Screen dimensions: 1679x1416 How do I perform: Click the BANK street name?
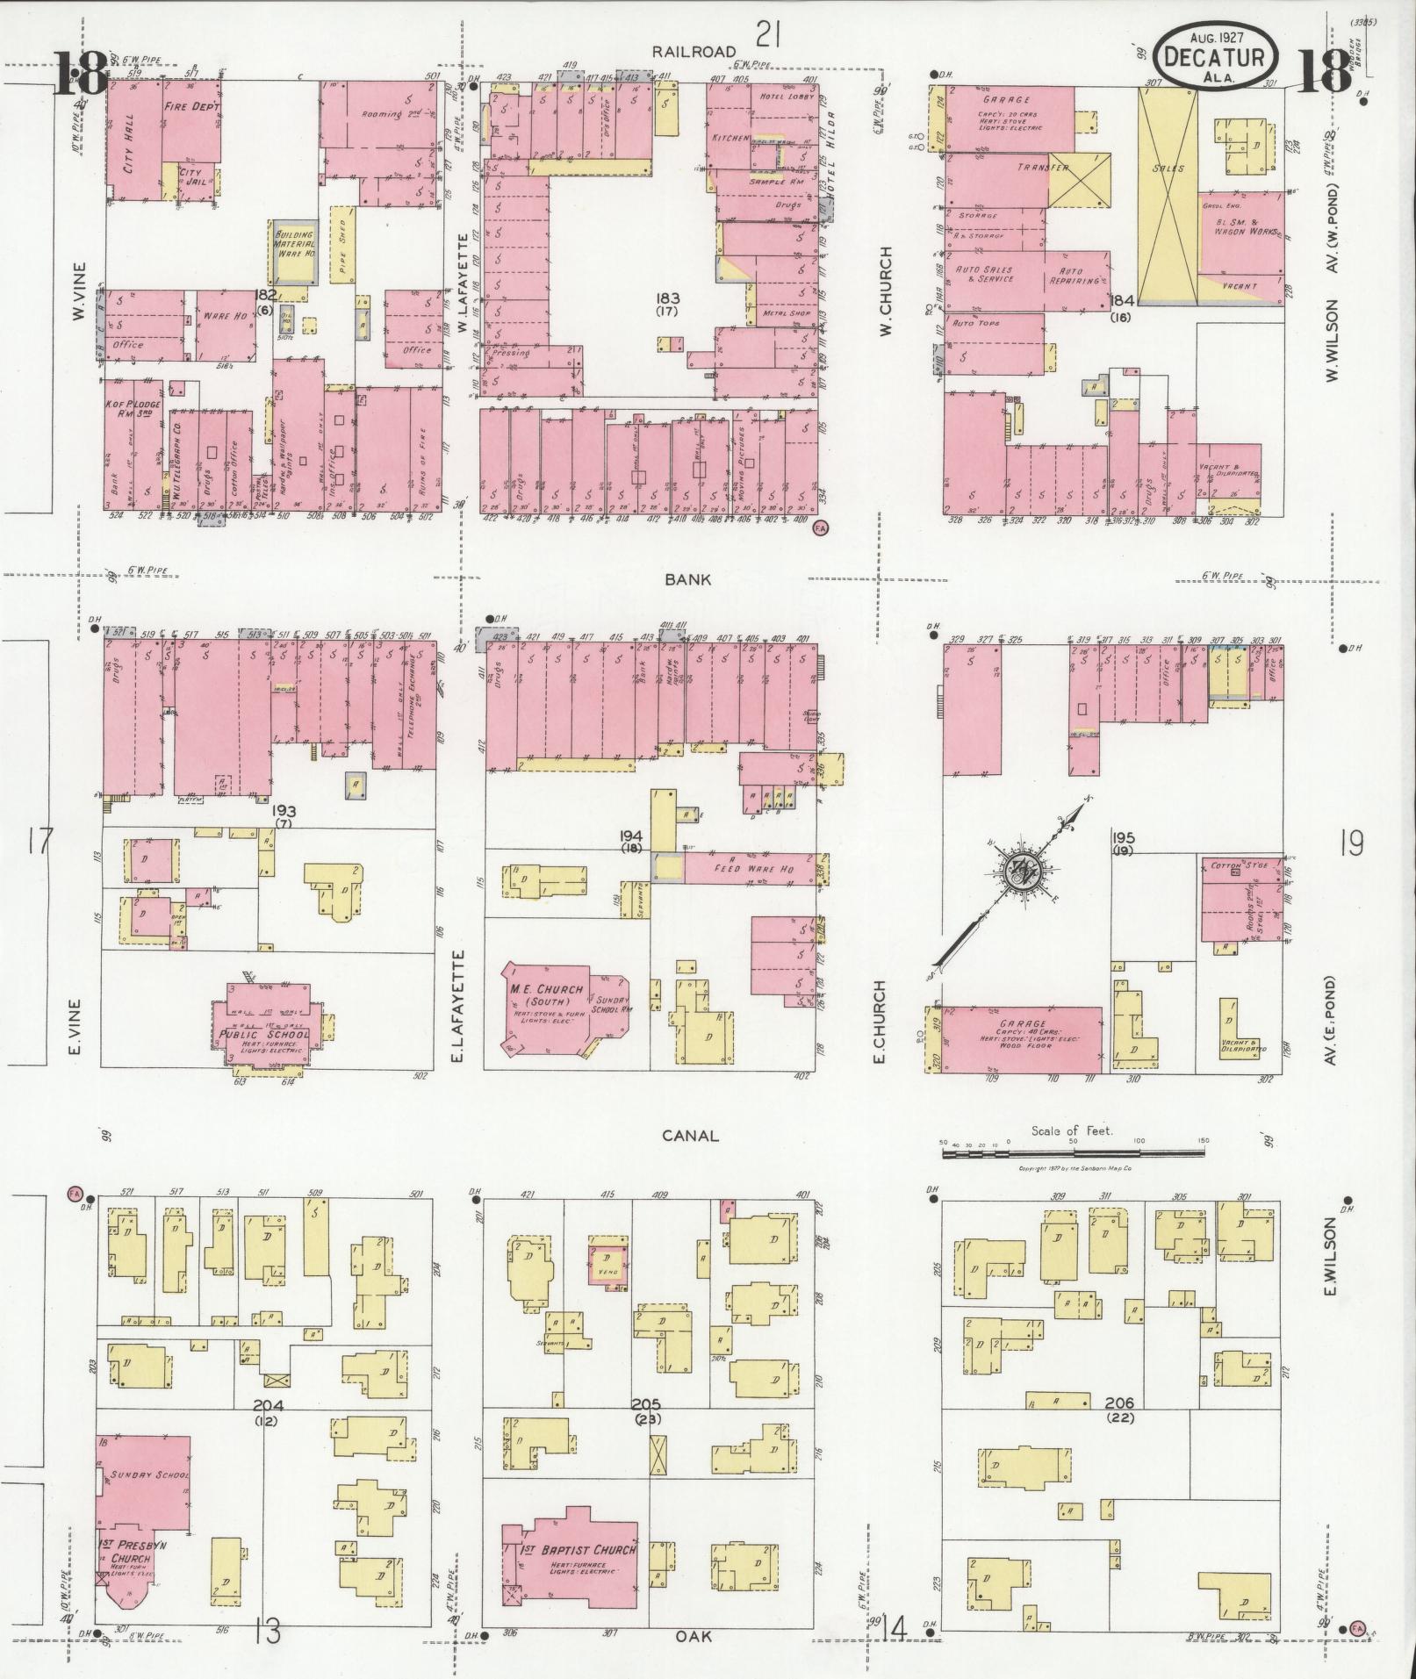coord(687,579)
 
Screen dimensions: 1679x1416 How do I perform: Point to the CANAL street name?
coord(691,1135)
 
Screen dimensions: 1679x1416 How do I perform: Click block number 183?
coord(673,299)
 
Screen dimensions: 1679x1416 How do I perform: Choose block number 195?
coord(1124,838)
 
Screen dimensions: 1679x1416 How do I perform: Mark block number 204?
coord(268,1403)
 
